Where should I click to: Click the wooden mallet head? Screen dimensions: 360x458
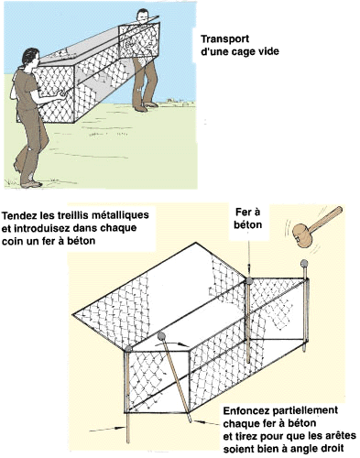tap(302, 235)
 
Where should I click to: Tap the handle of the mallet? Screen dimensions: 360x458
tap(325, 218)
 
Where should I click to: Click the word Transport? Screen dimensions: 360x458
tap(224, 39)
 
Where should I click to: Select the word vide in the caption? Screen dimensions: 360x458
tap(268, 51)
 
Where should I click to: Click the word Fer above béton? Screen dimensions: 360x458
tap(243, 212)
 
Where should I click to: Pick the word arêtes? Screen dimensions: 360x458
tap(341, 435)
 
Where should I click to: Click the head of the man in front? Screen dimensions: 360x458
tap(31, 58)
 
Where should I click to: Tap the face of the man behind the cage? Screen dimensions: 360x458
tap(142, 16)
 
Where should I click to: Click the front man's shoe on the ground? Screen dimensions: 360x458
tap(31, 184)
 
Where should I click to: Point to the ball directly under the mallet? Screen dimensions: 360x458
tap(304, 263)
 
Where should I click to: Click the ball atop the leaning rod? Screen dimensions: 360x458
tap(161, 336)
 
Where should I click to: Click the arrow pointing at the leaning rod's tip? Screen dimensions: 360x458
tap(206, 422)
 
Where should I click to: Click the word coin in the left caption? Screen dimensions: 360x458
tap(12, 241)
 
